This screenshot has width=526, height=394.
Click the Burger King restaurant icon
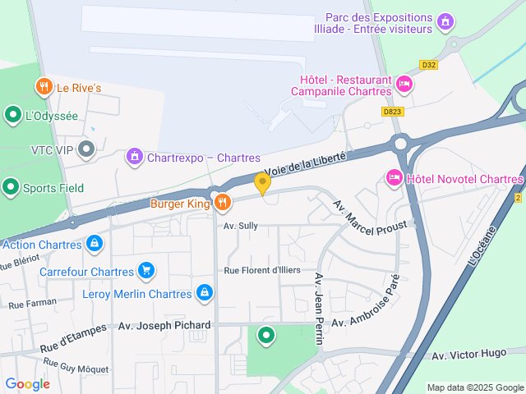pos(222,202)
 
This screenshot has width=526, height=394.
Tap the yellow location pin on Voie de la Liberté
pos(263,183)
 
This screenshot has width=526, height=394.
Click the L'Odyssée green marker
pos(13,115)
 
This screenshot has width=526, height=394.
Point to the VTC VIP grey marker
pos(87,149)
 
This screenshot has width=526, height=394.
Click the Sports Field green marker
pos(11,187)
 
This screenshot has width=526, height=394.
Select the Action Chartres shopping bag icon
pos(95,244)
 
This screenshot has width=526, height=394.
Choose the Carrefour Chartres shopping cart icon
pos(145,269)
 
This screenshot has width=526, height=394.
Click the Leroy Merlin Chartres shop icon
pos(205,292)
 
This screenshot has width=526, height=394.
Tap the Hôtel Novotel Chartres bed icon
pos(394,177)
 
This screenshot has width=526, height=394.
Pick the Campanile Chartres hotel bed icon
pos(404,83)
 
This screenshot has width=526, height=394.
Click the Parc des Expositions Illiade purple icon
pos(445,21)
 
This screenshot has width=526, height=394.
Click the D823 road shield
pos(393,111)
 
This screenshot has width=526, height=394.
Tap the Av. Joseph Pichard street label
pos(164,325)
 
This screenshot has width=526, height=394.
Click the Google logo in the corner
pos(27,383)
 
